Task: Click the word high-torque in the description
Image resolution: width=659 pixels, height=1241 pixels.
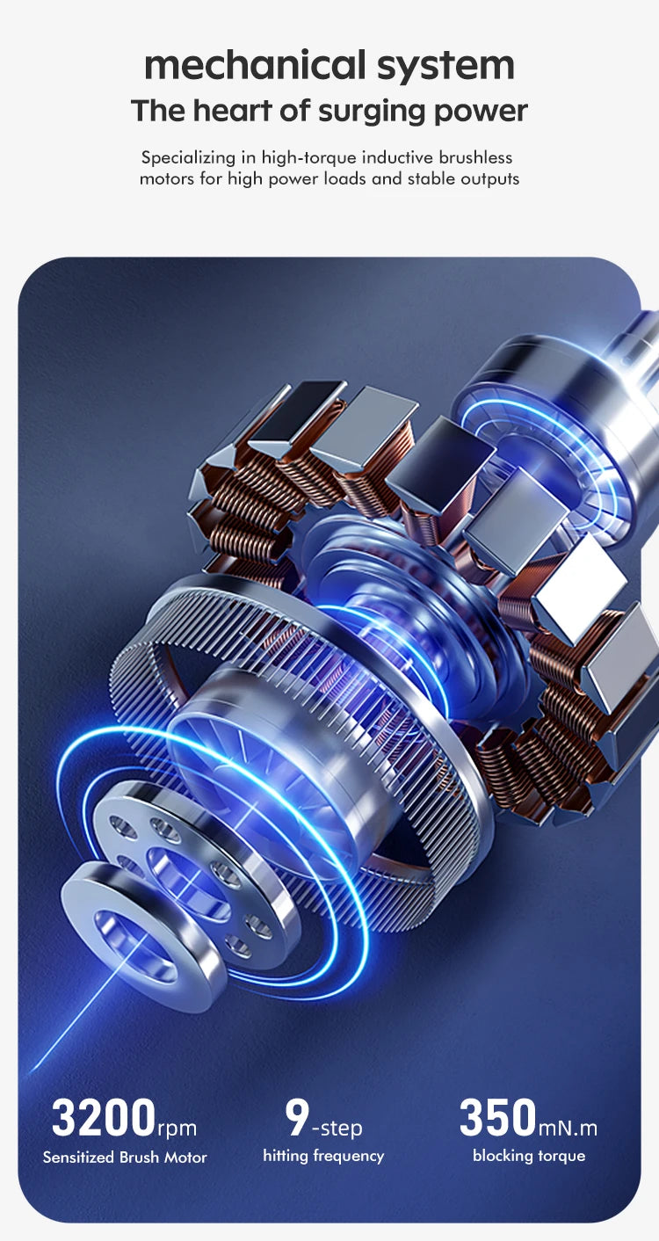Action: point(309,158)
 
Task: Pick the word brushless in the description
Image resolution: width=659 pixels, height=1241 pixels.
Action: point(475,157)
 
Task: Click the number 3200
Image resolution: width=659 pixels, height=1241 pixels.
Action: point(104,1117)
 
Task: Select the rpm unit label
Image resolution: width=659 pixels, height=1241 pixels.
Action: point(177,1128)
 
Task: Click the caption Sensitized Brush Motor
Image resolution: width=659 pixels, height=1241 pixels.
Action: point(125,1158)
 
